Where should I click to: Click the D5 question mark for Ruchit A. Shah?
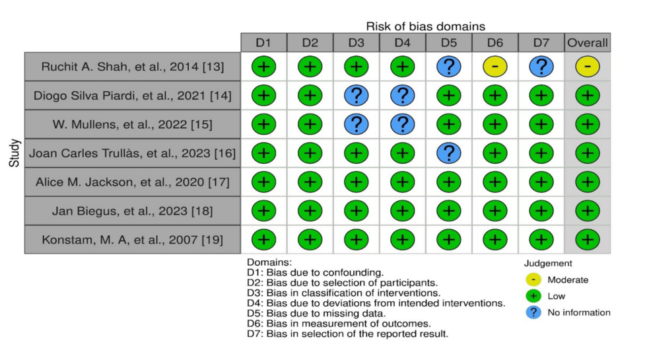pos(449,67)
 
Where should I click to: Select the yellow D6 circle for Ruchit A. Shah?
pos(495,67)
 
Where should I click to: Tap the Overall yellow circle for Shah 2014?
pos(588,67)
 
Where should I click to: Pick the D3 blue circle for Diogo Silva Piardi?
pos(357,96)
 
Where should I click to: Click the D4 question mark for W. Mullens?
pos(403,124)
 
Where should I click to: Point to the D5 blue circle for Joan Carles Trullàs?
pos(449,153)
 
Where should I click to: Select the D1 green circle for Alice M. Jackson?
pos(263,182)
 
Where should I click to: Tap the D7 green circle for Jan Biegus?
pos(541,211)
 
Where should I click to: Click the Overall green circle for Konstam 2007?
pos(588,239)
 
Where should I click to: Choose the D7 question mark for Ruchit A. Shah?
pos(541,67)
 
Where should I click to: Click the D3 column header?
pos(357,42)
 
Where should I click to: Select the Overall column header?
pos(588,42)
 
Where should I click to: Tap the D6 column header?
pos(495,42)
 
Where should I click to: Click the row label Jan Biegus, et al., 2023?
pos(132,211)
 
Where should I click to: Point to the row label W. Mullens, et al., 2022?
pos(132,124)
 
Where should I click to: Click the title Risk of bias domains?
pos(426,26)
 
